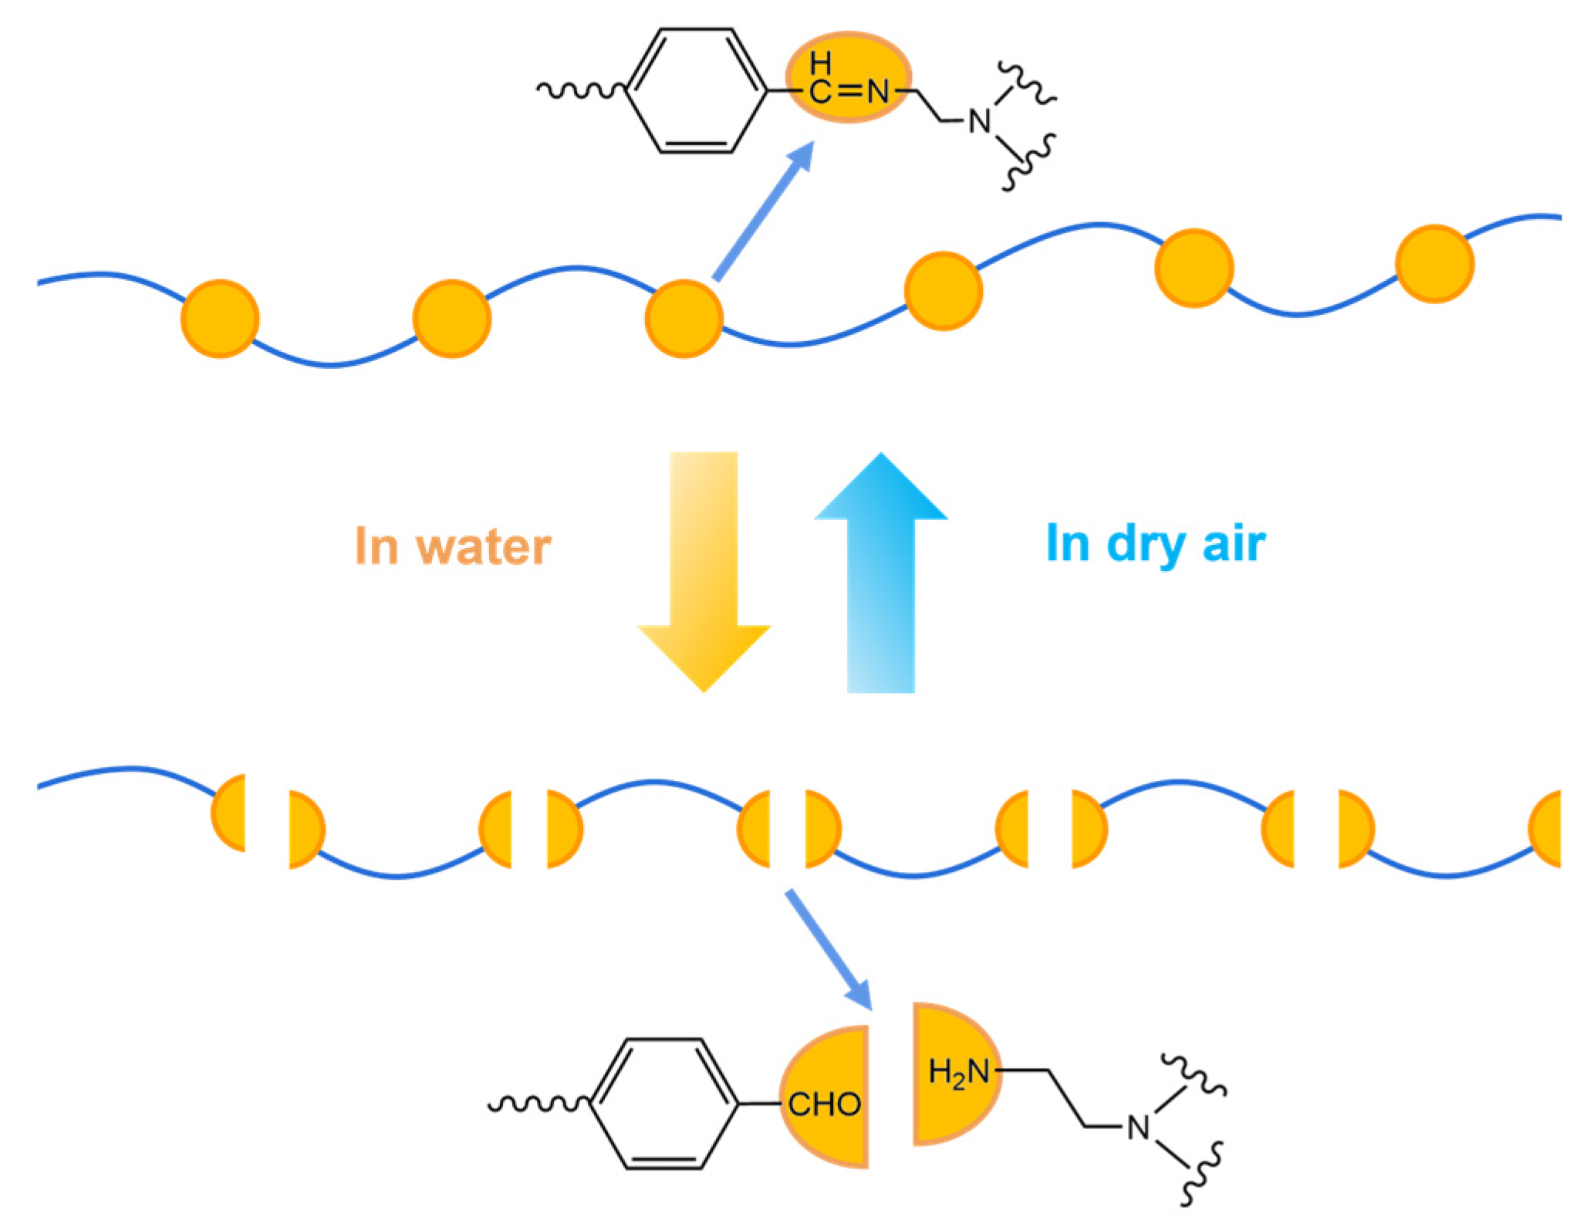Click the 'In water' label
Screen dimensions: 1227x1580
point(453,546)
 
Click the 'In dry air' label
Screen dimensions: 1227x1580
point(1155,543)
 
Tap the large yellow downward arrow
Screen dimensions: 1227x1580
point(704,571)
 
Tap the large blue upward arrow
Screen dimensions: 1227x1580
point(881,571)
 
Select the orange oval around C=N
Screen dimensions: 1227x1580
point(848,77)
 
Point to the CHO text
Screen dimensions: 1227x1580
point(824,1105)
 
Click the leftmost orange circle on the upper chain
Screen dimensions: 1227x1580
point(220,319)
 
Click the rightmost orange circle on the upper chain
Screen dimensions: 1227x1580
point(1435,264)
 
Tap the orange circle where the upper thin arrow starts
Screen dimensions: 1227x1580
point(684,319)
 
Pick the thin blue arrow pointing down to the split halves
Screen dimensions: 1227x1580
point(827,949)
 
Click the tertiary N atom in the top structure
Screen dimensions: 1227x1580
point(980,121)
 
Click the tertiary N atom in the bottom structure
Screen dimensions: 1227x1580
point(1138,1127)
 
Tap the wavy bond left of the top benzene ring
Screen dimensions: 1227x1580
point(582,91)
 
